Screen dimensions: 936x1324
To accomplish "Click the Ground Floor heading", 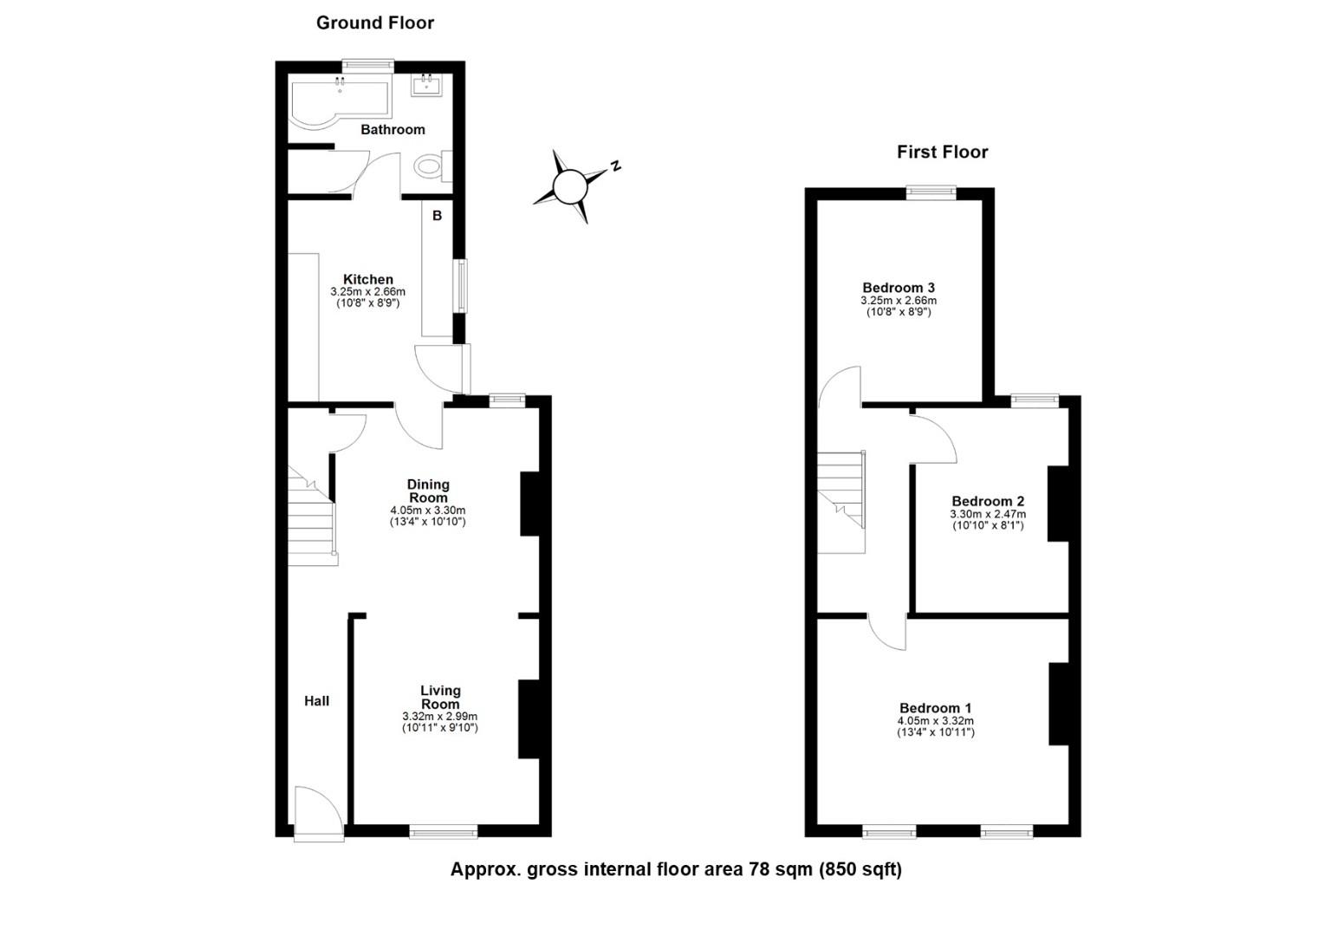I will click(374, 23).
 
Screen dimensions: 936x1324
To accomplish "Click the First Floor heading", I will click(942, 153).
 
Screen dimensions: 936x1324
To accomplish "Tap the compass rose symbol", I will click(571, 185).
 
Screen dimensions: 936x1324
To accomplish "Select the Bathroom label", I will click(393, 130).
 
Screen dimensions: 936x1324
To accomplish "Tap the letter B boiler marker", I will click(437, 216).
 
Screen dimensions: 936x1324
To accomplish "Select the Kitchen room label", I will click(368, 279).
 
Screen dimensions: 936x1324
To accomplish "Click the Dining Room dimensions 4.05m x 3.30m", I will click(428, 511).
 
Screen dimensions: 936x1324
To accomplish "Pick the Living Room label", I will click(440, 698).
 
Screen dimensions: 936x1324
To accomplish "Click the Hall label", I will click(316, 701).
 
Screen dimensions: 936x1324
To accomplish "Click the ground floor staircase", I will click(312, 524).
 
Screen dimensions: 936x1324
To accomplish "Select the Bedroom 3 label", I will click(898, 288).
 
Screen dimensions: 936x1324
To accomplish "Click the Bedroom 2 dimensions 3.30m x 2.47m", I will click(988, 514).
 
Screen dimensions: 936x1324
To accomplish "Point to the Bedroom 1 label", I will click(935, 708).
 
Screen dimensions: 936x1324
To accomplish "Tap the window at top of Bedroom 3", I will click(931, 192).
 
